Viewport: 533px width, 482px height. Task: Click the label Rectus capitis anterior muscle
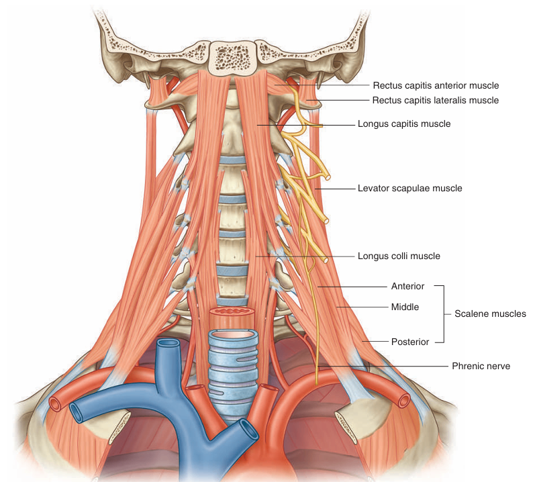pyautogui.click(x=436, y=86)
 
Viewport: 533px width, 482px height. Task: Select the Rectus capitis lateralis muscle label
pyautogui.click(x=436, y=101)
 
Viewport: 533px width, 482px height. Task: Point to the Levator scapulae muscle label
pyautogui.click(x=409, y=189)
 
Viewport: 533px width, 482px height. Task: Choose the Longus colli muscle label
pyautogui.click(x=399, y=256)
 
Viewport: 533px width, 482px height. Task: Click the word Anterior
pyautogui.click(x=408, y=286)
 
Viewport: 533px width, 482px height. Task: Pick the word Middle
pyautogui.click(x=405, y=307)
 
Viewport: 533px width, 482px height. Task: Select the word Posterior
pyautogui.click(x=410, y=342)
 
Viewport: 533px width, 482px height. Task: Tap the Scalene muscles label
pyautogui.click(x=490, y=314)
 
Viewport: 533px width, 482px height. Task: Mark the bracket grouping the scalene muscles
pyautogui.click(x=443, y=314)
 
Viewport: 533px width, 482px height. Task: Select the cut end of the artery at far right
pyautogui.click(x=403, y=401)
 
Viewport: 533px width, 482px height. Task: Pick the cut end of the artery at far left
pyautogui.click(x=56, y=403)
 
